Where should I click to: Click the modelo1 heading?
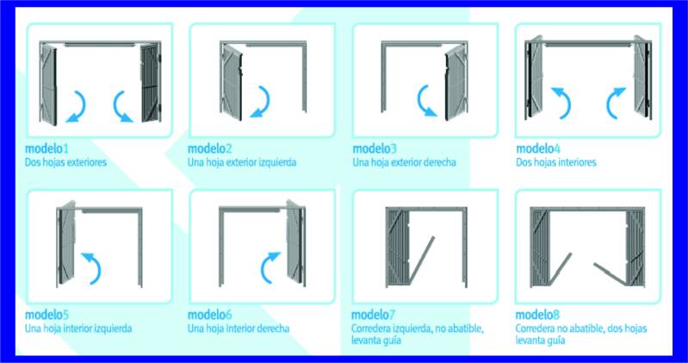coord(46,148)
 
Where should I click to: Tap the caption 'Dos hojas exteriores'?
coord(65,162)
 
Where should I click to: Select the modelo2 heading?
coord(210,148)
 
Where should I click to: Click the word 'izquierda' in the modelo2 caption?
coord(277,162)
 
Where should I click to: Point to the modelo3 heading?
coord(375,148)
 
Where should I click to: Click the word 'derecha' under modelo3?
coord(440,162)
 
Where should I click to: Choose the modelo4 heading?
coord(538,148)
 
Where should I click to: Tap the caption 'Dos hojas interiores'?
coord(556,162)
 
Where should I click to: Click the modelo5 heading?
coord(46,315)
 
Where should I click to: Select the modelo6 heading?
coord(210,315)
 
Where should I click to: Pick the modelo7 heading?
coord(374,315)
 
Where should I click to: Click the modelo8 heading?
coord(537,315)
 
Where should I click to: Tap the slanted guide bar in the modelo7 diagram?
coord(422,260)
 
